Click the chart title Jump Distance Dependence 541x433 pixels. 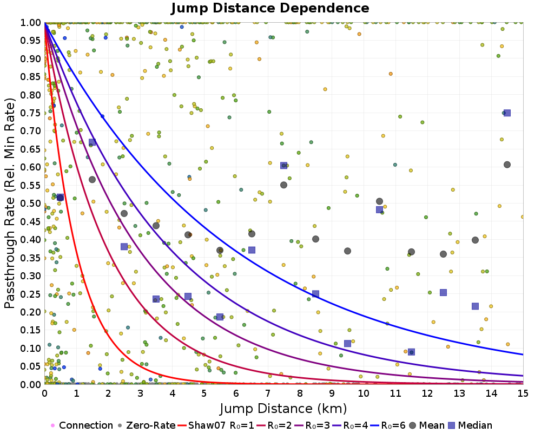coord(270,8)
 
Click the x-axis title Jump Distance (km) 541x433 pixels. coord(283,408)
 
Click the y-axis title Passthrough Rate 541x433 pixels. coord(10,203)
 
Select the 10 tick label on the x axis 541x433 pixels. coord(364,393)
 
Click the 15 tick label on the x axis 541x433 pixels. coord(523,393)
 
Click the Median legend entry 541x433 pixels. coord(473,425)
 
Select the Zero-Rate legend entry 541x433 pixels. coord(146,425)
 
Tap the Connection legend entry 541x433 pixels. coord(81,425)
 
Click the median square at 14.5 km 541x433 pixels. coord(507,113)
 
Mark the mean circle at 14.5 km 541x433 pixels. coord(507,165)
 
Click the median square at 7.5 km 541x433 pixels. coord(283,166)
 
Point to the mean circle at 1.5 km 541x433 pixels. coord(92,180)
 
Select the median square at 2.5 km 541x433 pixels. coord(124,247)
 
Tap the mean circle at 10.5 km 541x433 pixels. coord(379,201)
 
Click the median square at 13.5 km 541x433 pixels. coord(475,306)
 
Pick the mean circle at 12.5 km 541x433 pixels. coord(443,254)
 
